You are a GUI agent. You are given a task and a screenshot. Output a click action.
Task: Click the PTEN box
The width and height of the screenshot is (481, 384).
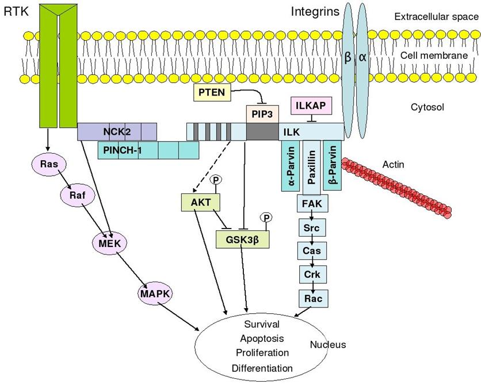pyautogui.click(x=212, y=92)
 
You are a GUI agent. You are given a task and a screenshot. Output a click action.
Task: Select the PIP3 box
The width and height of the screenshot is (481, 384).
pyautogui.click(x=262, y=114)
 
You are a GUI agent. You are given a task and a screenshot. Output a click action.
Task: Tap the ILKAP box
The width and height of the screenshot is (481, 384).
pyautogui.click(x=311, y=106)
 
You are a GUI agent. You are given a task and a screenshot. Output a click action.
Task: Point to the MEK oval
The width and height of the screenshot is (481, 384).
pyautogui.click(x=109, y=244)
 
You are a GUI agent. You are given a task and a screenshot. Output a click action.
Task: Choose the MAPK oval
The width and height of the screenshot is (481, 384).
pyautogui.click(x=155, y=294)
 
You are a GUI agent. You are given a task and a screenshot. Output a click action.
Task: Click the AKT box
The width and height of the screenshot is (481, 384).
pyautogui.click(x=201, y=202)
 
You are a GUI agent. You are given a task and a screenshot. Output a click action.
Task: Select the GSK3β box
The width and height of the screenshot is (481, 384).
pyautogui.click(x=243, y=239)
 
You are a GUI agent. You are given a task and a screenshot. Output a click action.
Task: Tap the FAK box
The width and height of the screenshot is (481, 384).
pyautogui.click(x=312, y=203)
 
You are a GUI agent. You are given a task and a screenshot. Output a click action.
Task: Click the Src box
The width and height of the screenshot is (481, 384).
pyautogui.click(x=312, y=228)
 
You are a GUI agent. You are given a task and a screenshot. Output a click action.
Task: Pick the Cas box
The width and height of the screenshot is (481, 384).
pyautogui.click(x=312, y=251)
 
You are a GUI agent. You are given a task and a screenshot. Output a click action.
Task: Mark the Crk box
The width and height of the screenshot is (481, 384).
pyautogui.click(x=312, y=275)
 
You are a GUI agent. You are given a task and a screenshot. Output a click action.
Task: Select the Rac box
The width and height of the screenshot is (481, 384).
pyautogui.click(x=314, y=298)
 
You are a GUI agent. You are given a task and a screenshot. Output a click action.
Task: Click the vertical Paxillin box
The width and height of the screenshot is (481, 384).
pyautogui.click(x=312, y=168)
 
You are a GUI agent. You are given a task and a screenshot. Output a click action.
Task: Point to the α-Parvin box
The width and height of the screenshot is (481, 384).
pyautogui.click(x=291, y=166)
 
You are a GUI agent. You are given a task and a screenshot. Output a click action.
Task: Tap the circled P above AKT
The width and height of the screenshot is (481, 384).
pyautogui.click(x=216, y=180)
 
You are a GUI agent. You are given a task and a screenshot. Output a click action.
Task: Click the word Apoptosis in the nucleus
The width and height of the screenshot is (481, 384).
pyautogui.click(x=262, y=339)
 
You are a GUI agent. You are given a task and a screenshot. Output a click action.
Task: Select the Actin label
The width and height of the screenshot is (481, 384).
pyautogui.click(x=394, y=165)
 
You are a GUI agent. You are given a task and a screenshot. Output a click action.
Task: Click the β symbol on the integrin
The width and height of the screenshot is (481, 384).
pyautogui.click(x=348, y=57)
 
